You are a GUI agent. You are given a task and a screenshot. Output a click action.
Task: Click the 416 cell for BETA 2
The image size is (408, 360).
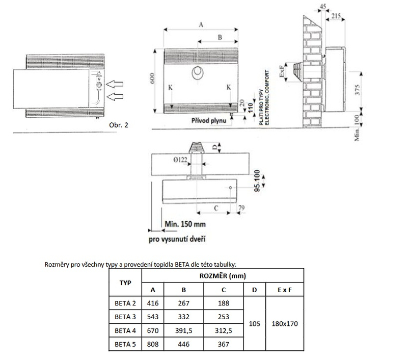(x=152, y=303)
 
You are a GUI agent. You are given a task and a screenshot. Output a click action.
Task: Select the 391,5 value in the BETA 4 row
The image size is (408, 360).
(x=184, y=330)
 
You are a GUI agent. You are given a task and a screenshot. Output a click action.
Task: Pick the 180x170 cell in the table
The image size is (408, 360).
(x=284, y=324)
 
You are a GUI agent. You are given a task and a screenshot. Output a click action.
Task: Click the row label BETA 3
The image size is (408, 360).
(x=125, y=317)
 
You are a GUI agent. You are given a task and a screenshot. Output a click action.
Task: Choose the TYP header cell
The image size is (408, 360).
(x=125, y=282)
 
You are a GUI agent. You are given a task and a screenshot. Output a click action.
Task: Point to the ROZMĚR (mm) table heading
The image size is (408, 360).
(x=223, y=276)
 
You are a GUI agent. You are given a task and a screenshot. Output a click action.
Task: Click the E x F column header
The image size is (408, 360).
(x=284, y=290)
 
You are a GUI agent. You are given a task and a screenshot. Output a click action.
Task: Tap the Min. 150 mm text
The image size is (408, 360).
(x=186, y=223)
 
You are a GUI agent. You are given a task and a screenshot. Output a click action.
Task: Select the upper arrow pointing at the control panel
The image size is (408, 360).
(x=117, y=82)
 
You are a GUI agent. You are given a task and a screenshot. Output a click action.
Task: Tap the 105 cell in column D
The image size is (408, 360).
(x=255, y=324)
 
